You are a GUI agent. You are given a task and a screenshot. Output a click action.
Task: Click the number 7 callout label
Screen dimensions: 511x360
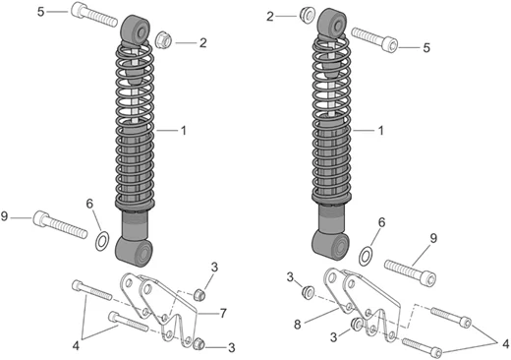(x=223, y=313)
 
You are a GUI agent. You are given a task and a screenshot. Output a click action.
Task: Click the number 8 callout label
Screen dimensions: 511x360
(x=298, y=325)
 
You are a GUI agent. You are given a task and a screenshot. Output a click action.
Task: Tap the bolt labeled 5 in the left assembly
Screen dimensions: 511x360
(x=94, y=15)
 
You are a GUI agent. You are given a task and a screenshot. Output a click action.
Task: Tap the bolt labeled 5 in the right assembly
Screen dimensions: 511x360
(x=374, y=40)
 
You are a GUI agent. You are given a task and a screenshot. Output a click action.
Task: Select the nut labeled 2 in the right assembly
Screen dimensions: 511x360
(x=308, y=15)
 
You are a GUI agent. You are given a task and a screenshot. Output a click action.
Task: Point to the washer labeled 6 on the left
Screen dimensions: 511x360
(x=102, y=241)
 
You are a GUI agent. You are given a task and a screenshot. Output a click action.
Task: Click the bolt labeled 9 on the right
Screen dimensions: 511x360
(x=410, y=273)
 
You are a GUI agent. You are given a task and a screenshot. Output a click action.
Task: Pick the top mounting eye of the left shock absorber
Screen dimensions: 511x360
(x=136, y=30)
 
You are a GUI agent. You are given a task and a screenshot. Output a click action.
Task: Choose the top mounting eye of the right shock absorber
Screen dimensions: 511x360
(x=332, y=23)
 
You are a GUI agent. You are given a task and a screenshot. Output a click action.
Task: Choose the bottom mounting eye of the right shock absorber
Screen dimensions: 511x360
(x=330, y=245)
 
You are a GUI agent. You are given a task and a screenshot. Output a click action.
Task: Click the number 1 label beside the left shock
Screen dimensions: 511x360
(x=184, y=131)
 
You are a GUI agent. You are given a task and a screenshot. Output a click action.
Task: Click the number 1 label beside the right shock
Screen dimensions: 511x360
(x=380, y=131)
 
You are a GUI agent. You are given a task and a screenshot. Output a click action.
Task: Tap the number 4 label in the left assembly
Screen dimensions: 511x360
(x=76, y=345)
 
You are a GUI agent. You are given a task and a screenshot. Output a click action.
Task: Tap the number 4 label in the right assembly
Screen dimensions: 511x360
(x=506, y=344)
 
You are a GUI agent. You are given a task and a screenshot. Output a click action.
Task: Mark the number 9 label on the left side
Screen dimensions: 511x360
(x=4, y=216)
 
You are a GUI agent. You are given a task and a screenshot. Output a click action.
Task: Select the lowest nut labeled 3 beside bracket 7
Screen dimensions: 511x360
(x=198, y=344)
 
